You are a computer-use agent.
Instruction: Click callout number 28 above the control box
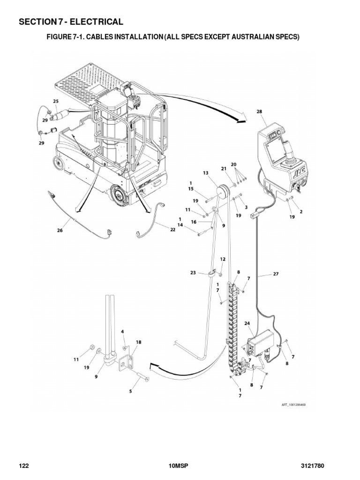(x=260, y=112)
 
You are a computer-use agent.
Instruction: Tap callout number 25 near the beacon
(x=55, y=101)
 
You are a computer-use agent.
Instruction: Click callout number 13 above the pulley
(x=205, y=173)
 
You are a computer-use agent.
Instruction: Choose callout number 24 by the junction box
(x=247, y=323)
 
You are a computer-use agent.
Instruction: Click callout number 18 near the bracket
(x=138, y=342)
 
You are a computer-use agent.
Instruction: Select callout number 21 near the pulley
(x=224, y=168)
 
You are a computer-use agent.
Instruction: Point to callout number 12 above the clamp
(x=223, y=259)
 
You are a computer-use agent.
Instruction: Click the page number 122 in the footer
(x=24, y=466)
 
